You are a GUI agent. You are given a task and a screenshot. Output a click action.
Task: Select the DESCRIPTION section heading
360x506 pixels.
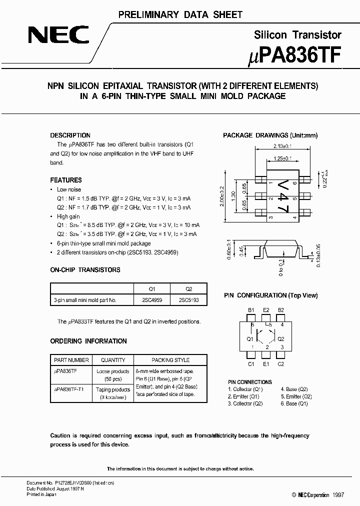coord(70,135)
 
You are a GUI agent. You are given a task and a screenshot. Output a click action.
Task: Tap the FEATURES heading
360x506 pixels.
coord(66,180)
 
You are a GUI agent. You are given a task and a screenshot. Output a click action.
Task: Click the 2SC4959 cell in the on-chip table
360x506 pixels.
coord(152,300)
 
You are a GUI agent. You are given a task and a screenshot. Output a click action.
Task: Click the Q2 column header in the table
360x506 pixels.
coord(188,289)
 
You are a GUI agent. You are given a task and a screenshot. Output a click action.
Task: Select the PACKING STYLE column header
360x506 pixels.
coord(170,360)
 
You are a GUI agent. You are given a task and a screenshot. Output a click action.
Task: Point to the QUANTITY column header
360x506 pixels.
coord(113,360)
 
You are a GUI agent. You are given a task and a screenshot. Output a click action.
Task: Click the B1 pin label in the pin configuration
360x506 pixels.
coord(251,310)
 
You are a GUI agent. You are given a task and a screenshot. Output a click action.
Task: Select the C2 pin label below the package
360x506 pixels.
coord(280,364)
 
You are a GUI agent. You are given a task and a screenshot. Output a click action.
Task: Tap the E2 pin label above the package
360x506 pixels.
coord(266,310)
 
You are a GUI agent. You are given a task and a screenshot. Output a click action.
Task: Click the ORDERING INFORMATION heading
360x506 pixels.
coord(88,341)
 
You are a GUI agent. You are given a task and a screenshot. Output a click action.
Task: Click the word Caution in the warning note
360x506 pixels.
coord(60,436)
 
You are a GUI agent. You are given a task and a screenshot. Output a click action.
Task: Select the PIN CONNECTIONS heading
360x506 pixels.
coord(250,382)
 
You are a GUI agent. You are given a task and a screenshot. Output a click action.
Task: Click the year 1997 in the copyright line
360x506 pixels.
coord(337,494)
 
